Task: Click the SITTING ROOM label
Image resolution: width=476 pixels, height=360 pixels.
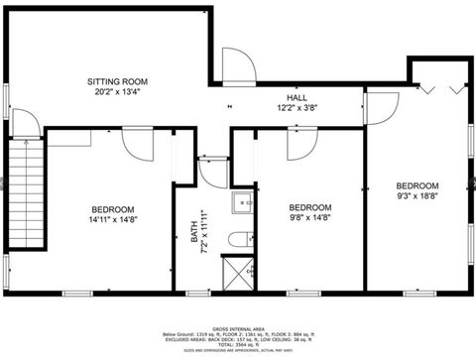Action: pyautogui.click(x=117, y=80)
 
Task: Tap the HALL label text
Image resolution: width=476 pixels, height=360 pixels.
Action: pyautogui.click(x=297, y=97)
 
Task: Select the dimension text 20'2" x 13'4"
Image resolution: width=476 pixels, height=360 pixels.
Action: pyautogui.click(x=117, y=91)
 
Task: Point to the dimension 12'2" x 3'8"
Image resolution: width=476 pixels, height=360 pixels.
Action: pyautogui.click(x=297, y=107)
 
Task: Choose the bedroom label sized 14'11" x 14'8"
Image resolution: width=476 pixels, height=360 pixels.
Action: pyautogui.click(x=113, y=209)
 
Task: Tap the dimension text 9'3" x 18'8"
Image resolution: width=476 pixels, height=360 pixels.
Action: pyautogui.click(x=416, y=195)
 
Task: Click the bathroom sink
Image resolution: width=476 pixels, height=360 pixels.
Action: pyautogui.click(x=241, y=205)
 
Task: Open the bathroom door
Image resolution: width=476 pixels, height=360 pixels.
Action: pyautogui.click(x=212, y=170)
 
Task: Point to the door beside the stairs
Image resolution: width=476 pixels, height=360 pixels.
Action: pyautogui.click(x=28, y=122)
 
